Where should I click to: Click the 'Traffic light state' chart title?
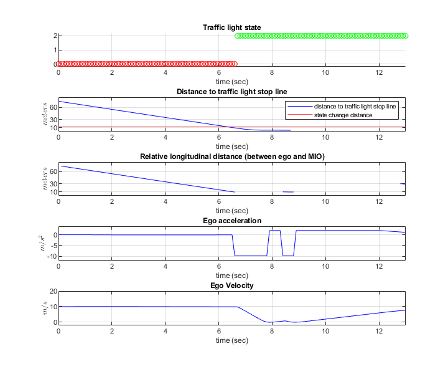click(x=231, y=27)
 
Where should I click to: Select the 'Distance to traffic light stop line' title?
click(x=231, y=92)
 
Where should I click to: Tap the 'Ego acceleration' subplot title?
click(x=231, y=221)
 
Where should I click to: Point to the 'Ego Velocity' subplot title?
click(x=231, y=285)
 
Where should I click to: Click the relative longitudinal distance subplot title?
click(x=231, y=156)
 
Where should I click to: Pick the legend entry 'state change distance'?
click(x=343, y=115)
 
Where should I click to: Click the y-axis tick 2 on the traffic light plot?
click(x=54, y=36)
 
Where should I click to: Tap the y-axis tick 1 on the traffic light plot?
click(x=54, y=50)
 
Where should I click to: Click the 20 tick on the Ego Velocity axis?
click(x=52, y=291)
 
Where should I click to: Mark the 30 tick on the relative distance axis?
click(x=52, y=183)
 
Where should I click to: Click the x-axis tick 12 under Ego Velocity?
click(x=379, y=330)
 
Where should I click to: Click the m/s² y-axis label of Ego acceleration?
click(x=41, y=241)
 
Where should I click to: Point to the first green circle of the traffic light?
click(x=237, y=36)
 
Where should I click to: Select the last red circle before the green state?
click(x=235, y=64)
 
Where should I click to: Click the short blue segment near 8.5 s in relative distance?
click(x=288, y=191)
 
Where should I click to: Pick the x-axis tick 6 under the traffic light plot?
click(x=218, y=72)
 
